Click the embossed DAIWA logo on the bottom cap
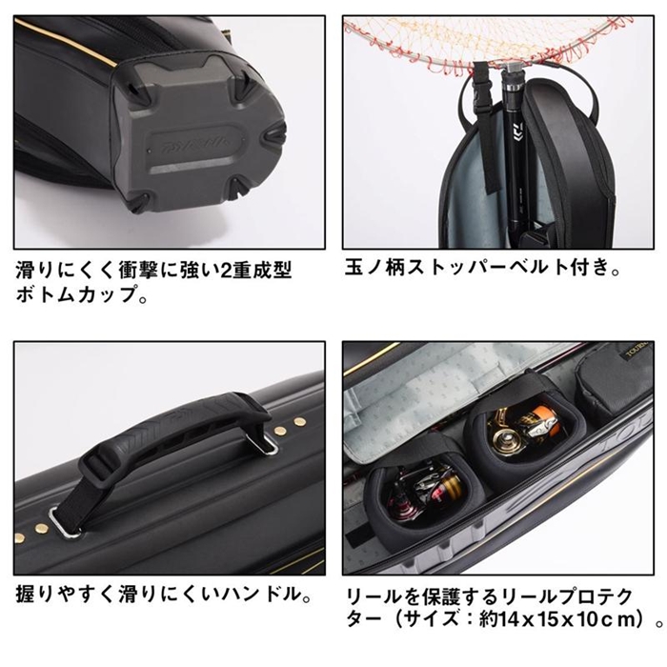point(196,147)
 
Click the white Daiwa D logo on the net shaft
point(517,129)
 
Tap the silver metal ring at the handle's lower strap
point(63,520)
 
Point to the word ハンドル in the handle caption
point(256,595)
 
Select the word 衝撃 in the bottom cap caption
point(136,271)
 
